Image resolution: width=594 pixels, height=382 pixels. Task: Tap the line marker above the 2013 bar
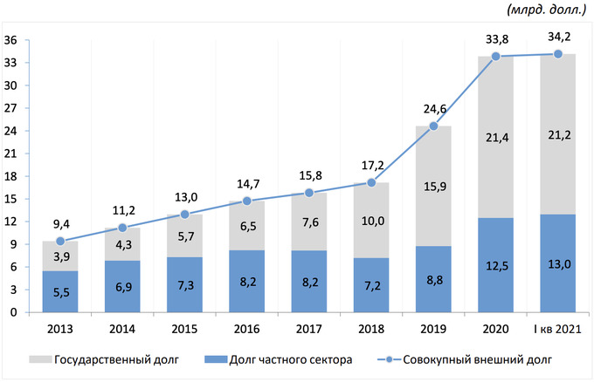pos(60,241)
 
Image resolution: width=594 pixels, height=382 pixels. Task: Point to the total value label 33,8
pos(496,38)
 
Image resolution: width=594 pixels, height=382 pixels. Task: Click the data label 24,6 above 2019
pos(433,108)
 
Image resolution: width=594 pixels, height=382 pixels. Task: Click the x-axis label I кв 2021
pos(557,329)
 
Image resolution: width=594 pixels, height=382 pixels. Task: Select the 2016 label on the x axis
pos(246,329)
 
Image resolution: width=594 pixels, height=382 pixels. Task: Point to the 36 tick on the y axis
pos(11,40)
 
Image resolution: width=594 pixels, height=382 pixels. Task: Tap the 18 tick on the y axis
pos(11,176)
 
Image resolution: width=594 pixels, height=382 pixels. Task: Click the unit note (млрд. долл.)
pos(546,10)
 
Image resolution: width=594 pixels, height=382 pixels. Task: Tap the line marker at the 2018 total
pos(371,182)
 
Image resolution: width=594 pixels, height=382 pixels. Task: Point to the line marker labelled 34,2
pos(558,54)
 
